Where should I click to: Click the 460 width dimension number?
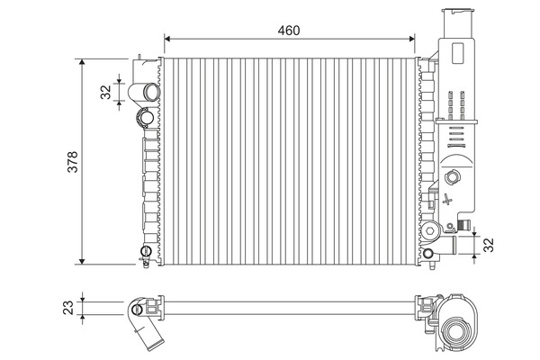(x=289, y=31)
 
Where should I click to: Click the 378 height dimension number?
(x=73, y=162)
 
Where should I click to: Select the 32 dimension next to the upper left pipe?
(x=105, y=92)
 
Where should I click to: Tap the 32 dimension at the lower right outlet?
(x=489, y=245)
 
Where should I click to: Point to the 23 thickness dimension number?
(x=68, y=308)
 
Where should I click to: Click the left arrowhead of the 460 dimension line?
(x=167, y=39)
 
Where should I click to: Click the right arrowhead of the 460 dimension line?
(x=412, y=39)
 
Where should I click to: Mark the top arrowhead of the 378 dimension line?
(x=82, y=62)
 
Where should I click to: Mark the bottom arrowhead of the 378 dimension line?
(x=82, y=262)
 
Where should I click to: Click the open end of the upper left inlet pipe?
(x=151, y=92)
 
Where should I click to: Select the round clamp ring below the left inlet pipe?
(x=145, y=118)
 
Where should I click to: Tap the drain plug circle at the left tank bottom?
(x=146, y=250)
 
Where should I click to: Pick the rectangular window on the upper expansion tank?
(x=458, y=53)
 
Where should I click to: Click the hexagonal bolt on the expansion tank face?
(x=452, y=177)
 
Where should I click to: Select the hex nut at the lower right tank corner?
(x=429, y=230)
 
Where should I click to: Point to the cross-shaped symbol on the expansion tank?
(x=447, y=200)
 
